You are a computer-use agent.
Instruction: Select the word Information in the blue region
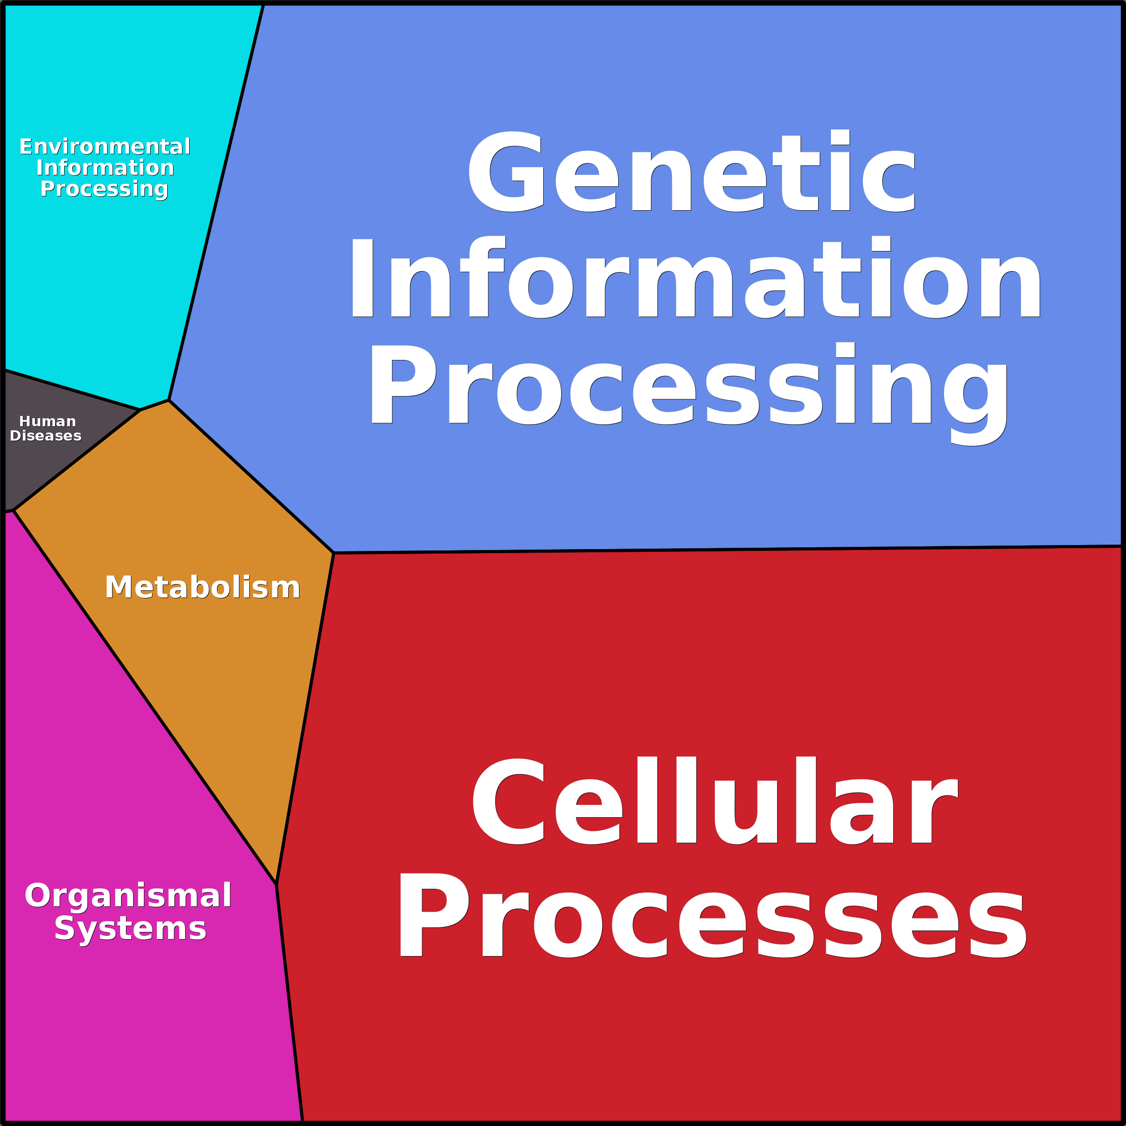pos(695,278)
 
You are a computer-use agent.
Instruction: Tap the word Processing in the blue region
pos(688,386)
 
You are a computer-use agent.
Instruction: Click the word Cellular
pos(715,801)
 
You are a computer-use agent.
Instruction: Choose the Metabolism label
pos(202,588)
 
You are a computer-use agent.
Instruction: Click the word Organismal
pos(128,895)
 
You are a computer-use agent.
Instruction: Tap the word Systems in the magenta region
pos(130,928)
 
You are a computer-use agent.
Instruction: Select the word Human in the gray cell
pos(47,421)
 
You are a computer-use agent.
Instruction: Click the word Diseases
pos(45,436)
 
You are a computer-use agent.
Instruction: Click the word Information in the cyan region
pos(105,168)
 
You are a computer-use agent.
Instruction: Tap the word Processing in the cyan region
pos(104,189)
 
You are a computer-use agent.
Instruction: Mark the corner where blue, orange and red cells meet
pos(333,553)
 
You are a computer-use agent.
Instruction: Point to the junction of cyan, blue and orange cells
pos(169,400)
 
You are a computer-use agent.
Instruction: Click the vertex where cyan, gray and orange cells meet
pos(140,410)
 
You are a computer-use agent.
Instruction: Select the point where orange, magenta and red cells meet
pos(276,884)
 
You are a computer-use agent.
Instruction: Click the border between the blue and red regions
pos(728,550)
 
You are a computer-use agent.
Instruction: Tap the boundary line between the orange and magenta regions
pos(146,697)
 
